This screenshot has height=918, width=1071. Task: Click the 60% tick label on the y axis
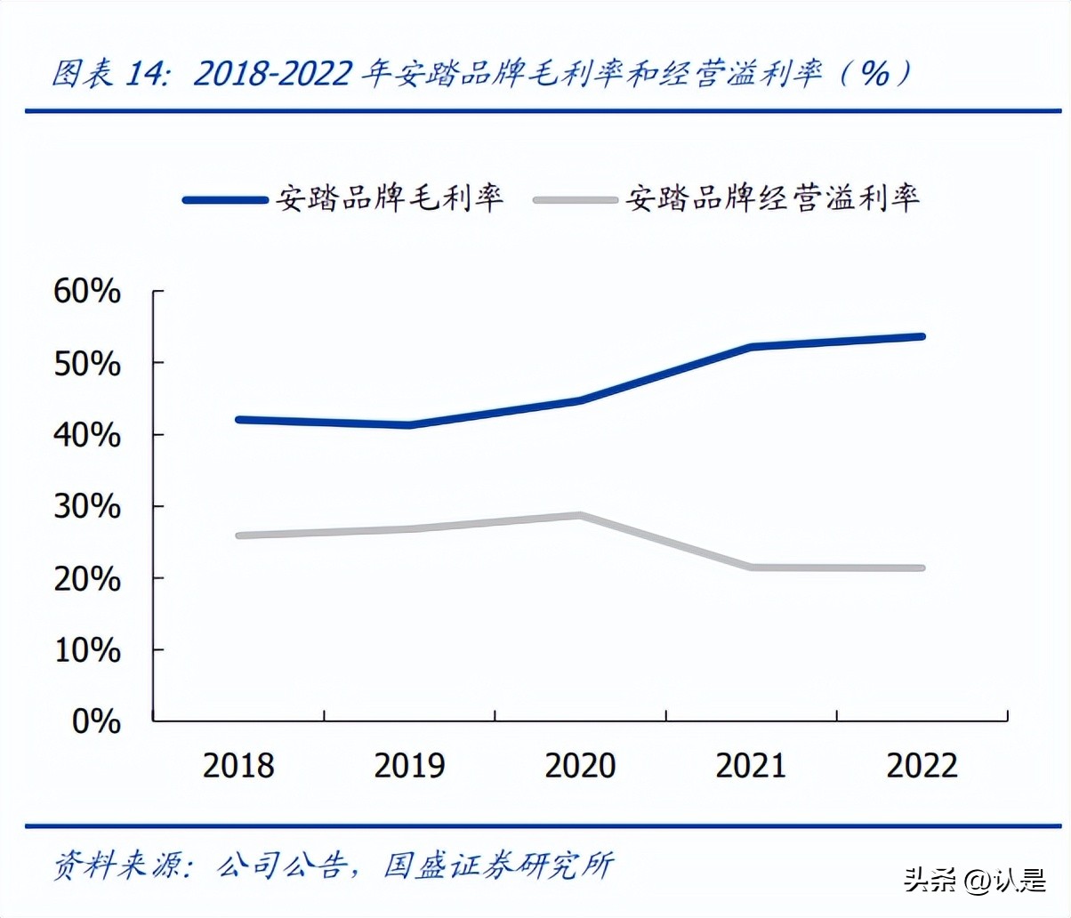click(87, 291)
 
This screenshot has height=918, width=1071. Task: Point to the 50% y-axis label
click(87, 363)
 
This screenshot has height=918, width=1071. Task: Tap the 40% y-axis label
click(87, 435)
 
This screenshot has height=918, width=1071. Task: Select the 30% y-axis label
click(87, 507)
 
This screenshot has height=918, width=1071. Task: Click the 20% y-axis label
click(87, 579)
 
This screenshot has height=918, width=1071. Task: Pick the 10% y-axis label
click(87, 650)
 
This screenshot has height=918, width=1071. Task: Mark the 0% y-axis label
click(96, 721)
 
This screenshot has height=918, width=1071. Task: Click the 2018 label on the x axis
click(238, 766)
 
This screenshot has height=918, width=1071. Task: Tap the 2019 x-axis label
click(409, 766)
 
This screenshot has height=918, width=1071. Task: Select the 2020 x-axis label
click(580, 766)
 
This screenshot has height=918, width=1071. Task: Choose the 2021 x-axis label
click(751, 766)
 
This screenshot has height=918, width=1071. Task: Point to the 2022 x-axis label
click(922, 766)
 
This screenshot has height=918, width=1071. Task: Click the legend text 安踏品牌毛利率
click(390, 197)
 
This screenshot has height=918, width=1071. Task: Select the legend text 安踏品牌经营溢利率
click(772, 197)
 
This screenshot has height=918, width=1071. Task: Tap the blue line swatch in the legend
click(225, 200)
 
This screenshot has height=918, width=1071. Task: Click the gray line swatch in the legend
click(576, 200)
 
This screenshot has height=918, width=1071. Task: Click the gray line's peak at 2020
click(580, 515)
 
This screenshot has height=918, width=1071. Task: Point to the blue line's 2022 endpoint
click(922, 336)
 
